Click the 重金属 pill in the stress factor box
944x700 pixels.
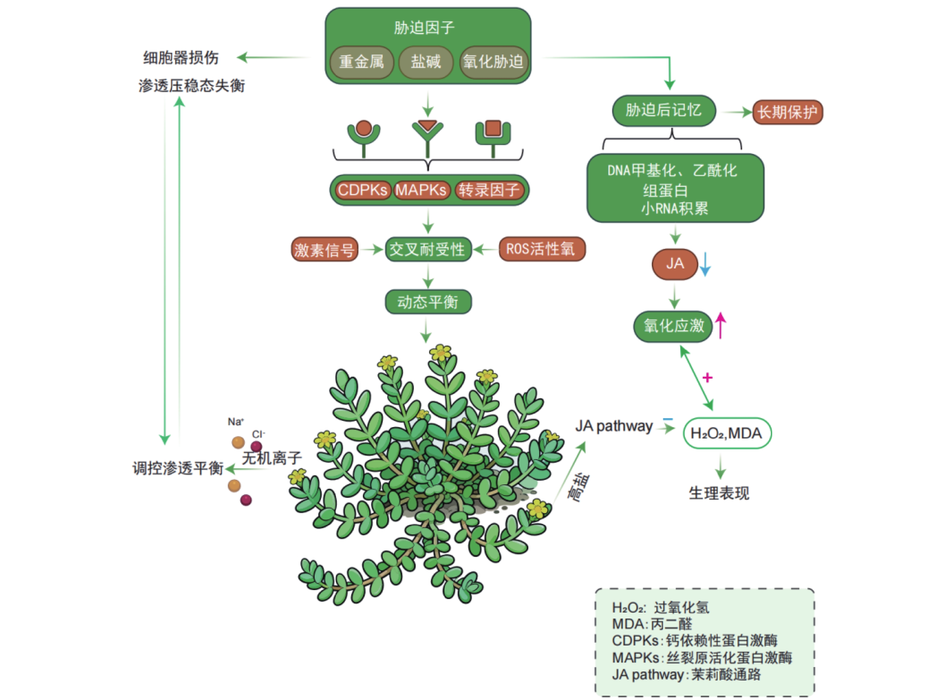pyautogui.click(x=362, y=62)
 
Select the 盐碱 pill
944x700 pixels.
pyautogui.click(x=426, y=62)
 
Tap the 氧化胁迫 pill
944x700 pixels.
pyautogui.click(x=493, y=62)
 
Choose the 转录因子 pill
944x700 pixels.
pyautogui.click(x=489, y=190)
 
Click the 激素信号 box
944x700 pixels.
pyautogui.click(x=325, y=250)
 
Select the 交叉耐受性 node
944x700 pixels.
pyautogui.click(x=428, y=249)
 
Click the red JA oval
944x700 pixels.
pyautogui.click(x=674, y=264)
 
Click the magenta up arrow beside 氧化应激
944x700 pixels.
pyautogui.click(x=720, y=325)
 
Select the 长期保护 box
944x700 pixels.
pyautogui.click(x=787, y=112)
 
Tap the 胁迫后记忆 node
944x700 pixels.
pyautogui.click(x=663, y=111)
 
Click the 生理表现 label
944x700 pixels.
pyautogui.click(x=719, y=493)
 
